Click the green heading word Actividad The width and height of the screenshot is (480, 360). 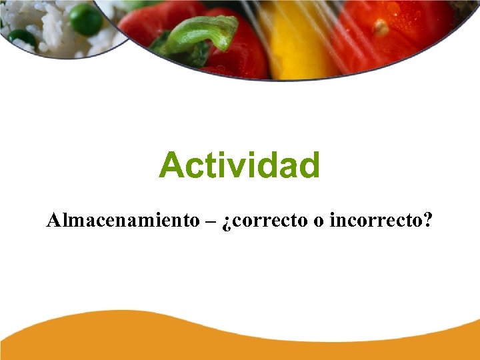pos(239,165)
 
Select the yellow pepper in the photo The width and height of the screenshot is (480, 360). pos(293,40)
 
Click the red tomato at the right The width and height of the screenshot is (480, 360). pos(400,33)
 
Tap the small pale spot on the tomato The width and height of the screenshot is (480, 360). pos(381,28)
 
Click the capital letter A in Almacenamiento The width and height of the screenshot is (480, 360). pos(53,221)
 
